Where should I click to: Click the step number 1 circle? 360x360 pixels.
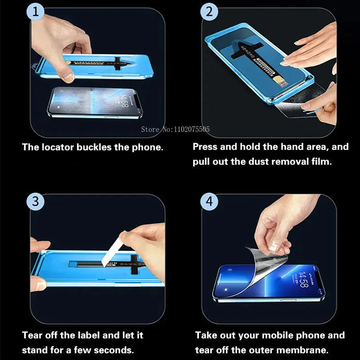36,12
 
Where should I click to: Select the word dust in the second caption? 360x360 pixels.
259,162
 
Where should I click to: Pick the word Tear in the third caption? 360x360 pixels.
32,335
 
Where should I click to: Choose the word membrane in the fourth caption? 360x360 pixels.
309,350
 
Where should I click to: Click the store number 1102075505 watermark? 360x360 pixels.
189,130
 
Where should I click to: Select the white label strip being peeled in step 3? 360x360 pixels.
108,249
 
